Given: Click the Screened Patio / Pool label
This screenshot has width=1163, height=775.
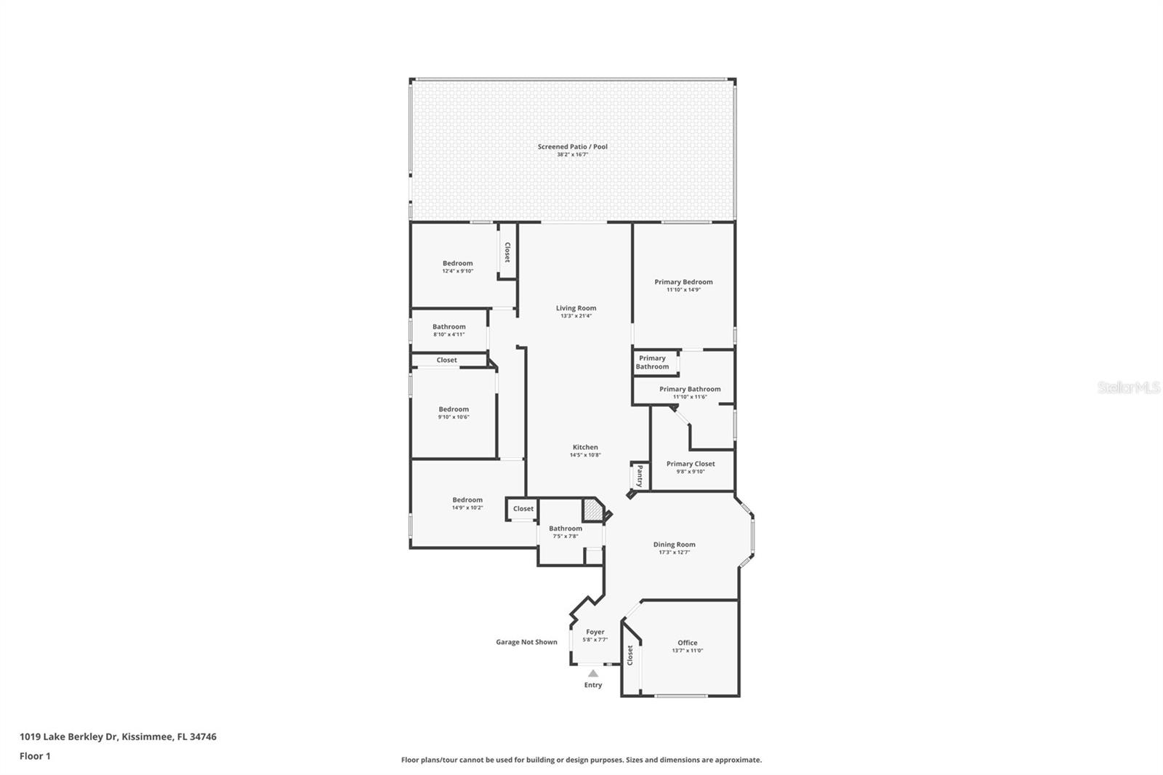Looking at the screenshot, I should [572, 147].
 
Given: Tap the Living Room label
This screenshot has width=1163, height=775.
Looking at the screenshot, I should [576, 308].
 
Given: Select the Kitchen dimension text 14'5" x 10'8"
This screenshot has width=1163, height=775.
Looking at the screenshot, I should [584, 455].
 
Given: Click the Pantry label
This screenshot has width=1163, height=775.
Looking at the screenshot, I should [640, 477].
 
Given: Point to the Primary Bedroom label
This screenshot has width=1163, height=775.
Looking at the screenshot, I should [683, 282].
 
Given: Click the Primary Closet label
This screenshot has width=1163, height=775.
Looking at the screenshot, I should [691, 464].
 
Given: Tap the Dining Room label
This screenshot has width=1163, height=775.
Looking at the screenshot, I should [674, 545].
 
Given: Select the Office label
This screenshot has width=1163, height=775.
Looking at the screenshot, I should [687, 643].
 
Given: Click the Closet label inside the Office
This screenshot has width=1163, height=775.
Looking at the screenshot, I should [630, 655].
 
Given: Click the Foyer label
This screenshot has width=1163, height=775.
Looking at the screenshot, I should [595, 633].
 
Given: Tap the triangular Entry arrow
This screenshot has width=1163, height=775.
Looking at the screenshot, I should [593, 674].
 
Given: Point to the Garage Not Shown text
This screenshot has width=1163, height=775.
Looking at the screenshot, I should [526, 642].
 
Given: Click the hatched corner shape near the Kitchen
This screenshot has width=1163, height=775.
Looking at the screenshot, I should [594, 510].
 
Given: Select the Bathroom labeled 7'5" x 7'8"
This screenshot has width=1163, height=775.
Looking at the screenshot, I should [565, 529].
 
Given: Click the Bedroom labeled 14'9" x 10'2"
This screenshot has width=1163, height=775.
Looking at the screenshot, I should [467, 500].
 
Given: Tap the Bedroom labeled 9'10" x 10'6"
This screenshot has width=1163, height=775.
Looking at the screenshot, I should [454, 409].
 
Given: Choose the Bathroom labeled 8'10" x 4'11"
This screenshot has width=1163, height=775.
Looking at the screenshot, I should [448, 327].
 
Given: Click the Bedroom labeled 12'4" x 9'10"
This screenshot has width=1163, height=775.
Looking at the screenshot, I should [457, 263].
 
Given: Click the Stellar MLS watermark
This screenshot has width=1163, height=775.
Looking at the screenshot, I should [1128, 388].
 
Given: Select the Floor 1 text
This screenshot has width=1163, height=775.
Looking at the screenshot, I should [35, 756].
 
